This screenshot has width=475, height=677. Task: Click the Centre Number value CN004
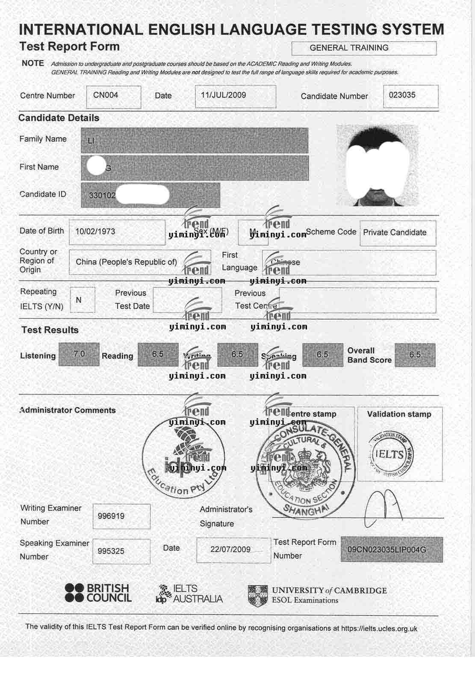[x=106, y=95]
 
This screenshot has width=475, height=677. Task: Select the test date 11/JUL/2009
[x=224, y=95]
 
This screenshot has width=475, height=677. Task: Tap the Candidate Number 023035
[x=402, y=95]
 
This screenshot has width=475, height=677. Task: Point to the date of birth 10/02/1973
[x=95, y=232]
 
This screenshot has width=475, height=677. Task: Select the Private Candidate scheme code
[x=395, y=233]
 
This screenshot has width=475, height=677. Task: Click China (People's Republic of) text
[x=126, y=262]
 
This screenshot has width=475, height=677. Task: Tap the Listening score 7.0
[x=79, y=354]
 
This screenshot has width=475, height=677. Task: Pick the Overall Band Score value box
[x=415, y=355]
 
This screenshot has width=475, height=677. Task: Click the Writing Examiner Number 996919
[x=111, y=516]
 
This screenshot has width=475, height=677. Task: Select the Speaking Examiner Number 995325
[x=111, y=551]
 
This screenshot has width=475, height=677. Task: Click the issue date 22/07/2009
[x=230, y=549]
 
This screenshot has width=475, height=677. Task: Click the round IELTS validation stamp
[x=390, y=454]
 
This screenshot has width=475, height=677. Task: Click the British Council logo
[x=98, y=593]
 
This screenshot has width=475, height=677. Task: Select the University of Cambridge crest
[x=258, y=595]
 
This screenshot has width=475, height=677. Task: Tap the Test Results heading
[x=50, y=330]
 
